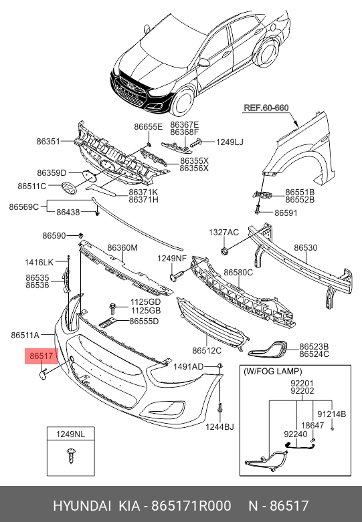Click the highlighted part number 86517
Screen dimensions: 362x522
[x=41, y=356]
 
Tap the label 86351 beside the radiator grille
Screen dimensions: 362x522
[x=48, y=142]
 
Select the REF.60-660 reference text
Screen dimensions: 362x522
[x=266, y=108]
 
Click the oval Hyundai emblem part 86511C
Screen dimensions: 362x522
[x=69, y=188]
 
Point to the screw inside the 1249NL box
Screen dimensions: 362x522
[x=71, y=455]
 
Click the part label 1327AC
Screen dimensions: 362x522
[x=223, y=233]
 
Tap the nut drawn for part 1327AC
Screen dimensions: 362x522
[x=224, y=251]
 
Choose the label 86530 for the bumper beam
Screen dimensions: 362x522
[x=306, y=248]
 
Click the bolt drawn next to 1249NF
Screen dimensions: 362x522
[x=177, y=275]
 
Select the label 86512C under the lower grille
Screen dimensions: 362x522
[x=207, y=350]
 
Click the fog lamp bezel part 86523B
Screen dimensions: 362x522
[x=268, y=348]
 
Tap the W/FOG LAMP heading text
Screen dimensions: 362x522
[x=273, y=371]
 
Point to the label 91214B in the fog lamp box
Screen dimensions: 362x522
[x=331, y=414]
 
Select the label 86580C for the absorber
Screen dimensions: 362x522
[x=238, y=272]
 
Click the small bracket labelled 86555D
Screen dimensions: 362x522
[x=107, y=323]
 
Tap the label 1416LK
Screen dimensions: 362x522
[x=39, y=262]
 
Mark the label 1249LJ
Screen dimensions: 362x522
[x=230, y=142]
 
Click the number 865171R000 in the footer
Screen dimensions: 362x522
[x=191, y=506]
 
